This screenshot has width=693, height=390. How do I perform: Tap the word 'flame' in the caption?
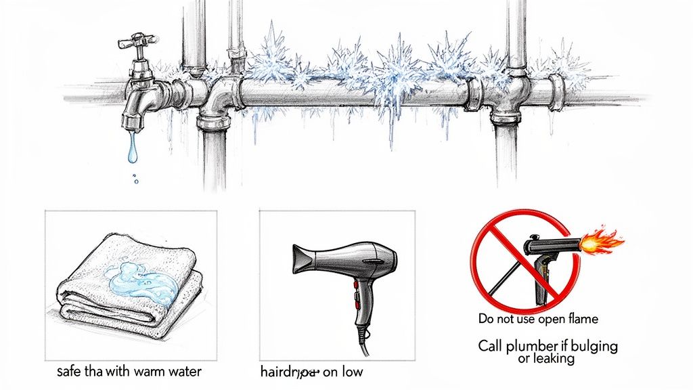(x=583, y=318)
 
